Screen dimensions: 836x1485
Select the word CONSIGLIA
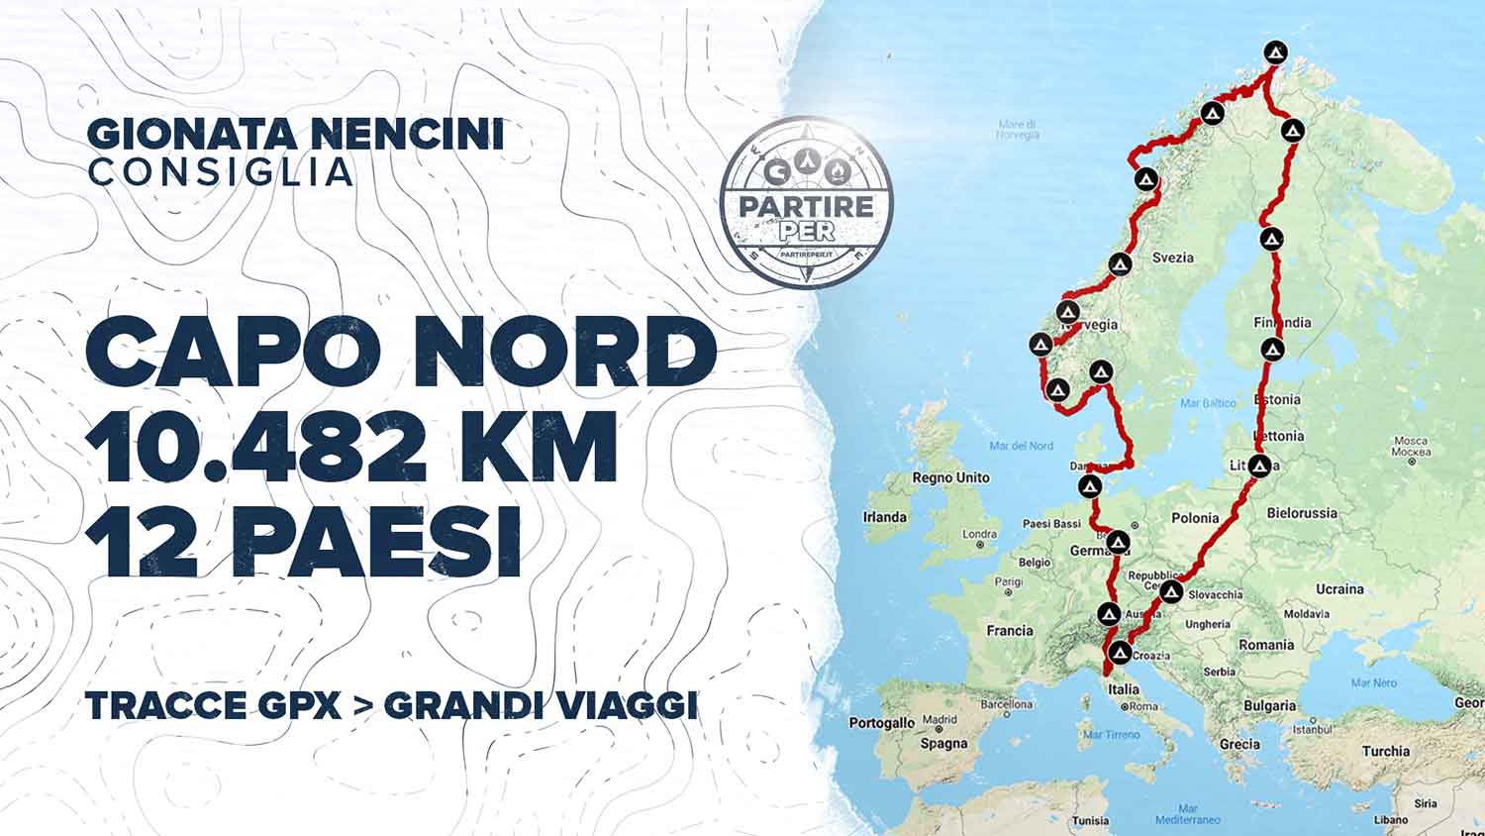click(220, 171)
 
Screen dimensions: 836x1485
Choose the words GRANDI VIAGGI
click(541, 705)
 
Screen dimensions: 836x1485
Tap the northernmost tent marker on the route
click(1277, 52)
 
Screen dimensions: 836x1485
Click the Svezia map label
click(1173, 258)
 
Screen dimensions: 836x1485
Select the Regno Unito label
click(950, 477)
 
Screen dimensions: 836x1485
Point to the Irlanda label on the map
click(884, 517)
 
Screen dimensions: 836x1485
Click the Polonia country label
click(1195, 518)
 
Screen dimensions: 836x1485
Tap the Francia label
click(1010, 630)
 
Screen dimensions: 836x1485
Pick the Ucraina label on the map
click(1339, 588)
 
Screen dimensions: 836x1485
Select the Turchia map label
click(1385, 751)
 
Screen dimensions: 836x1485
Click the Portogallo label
click(881, 723)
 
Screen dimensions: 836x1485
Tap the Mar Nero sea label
click(1373, 683)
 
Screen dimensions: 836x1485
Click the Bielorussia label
click(1302, 513)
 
